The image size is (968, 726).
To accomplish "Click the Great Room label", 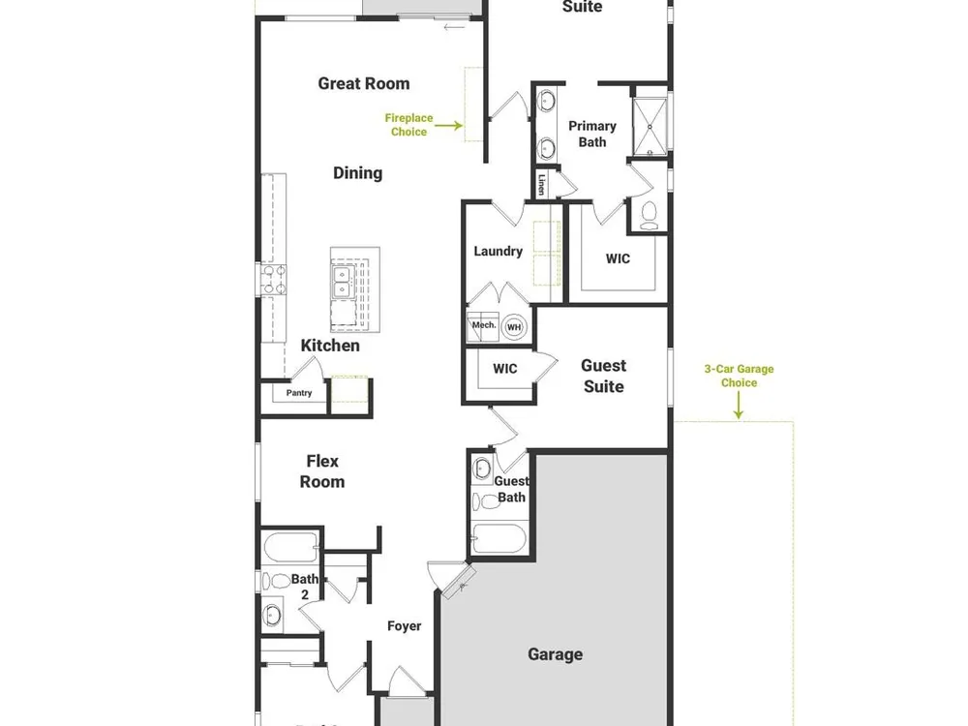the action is (x=364, y=84).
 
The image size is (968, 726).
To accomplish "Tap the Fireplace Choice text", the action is (x=408, y=125).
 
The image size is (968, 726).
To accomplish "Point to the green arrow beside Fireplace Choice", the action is (x=449, y=126).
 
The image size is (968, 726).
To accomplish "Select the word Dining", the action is (x=357, y=173).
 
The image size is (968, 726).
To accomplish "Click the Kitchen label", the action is (x=330, y=346).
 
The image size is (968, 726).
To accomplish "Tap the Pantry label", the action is (x=299, y=393).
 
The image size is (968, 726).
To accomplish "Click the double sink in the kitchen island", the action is (x=341, y=282).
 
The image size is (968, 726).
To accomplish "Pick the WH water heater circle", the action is (x=514, y=327).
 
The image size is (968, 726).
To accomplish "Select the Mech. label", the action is (x=484, y=324).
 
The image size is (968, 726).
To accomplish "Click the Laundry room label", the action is (x=499, y=252).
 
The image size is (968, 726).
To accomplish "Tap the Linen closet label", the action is (x=541, y=184).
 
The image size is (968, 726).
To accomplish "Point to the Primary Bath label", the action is (x=592, y=134).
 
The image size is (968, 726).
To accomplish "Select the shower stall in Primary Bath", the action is (x=650, y=127).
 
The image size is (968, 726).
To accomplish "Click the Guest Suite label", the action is (x=604, y=376).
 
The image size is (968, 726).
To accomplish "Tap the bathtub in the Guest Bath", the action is (x=499, y=539).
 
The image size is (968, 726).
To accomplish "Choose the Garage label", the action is (x=555, y=654).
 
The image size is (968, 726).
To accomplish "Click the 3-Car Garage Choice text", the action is (x=739, y=376).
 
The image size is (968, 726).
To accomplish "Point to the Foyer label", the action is (x=405, y=626).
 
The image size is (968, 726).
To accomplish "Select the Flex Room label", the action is (x=322, y=471).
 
